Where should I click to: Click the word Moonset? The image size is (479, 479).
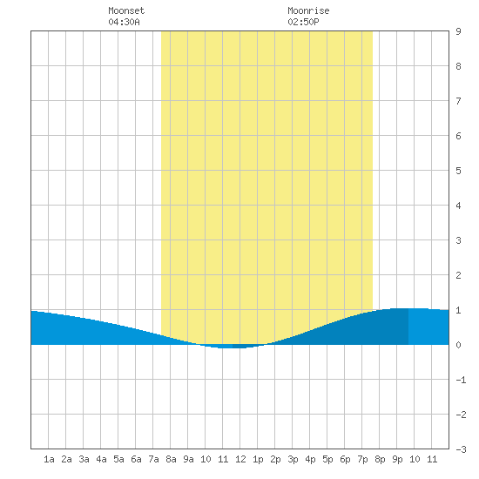[126, 10]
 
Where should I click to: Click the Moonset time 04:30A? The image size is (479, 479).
[124, 22]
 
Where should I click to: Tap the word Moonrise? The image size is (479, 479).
[308, 10]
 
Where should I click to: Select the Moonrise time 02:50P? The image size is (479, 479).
[303, 22]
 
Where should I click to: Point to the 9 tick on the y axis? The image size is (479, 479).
[458, 31]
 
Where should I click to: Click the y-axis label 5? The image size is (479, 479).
[458, 171]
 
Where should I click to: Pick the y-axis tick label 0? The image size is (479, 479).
[458, 345]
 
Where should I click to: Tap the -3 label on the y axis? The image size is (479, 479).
[462, 449]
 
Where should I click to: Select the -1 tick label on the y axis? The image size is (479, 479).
[462, 380]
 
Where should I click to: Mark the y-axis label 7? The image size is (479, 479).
[458, 101]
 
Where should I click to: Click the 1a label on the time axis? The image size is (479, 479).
[49, 459]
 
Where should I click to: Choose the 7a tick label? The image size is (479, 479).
[153, 459]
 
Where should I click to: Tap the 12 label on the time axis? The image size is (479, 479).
[240, 459]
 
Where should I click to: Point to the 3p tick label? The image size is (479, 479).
[293, 459]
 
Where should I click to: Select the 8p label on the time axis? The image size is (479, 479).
[380, 459]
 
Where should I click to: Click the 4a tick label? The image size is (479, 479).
[101, 459]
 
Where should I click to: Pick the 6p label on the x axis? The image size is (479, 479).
[345, 459]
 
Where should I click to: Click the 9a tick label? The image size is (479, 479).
[188, 459]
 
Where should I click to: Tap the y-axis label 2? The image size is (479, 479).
[458, 275]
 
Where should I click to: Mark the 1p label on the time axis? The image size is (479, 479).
[258, 459]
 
